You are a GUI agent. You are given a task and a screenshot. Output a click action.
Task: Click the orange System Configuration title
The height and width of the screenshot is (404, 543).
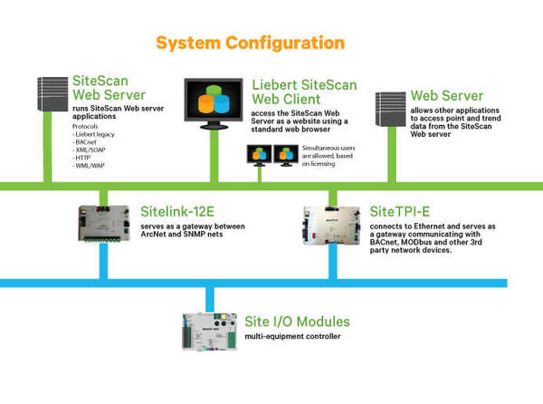[250, 43]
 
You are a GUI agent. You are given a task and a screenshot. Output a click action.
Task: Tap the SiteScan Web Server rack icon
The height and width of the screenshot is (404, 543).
[52, 94]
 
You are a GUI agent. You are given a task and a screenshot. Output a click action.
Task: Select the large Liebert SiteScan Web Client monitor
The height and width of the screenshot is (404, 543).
[214, 103]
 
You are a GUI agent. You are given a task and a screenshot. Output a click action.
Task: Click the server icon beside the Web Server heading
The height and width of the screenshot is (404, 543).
[391, 109]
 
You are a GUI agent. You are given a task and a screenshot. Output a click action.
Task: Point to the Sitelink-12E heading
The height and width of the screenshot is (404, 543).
[177, 211]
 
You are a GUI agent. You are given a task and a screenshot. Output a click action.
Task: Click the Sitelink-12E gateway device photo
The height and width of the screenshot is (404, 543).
[104, 224]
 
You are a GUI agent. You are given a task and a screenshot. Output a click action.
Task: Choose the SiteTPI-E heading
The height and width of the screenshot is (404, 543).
[400, 211]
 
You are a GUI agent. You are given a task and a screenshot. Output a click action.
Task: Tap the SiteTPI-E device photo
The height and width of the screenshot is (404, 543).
[331, 226]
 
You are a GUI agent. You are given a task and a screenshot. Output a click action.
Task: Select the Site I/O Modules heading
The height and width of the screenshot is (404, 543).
[297, 322]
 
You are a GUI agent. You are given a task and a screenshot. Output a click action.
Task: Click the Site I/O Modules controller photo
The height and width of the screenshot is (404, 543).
[210, 332]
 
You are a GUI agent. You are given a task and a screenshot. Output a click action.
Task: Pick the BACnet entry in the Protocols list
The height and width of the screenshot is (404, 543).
[84, 142]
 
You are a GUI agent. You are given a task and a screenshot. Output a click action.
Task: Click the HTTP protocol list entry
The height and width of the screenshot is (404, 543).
[81, 158]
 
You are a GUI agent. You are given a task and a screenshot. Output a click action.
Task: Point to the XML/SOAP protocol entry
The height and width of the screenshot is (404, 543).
[89, 150]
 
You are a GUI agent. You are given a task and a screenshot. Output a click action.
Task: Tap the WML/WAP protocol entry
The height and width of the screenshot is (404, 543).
[89, 166]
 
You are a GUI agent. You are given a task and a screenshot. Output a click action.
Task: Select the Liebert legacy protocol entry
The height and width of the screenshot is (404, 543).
[93, 134]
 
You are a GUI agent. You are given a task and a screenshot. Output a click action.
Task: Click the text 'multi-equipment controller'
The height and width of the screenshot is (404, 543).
[292, 336]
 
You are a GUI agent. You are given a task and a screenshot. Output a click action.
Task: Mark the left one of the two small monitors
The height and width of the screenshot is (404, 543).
[260, 155]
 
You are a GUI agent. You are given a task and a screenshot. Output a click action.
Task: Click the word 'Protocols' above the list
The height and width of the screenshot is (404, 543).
[85, 127]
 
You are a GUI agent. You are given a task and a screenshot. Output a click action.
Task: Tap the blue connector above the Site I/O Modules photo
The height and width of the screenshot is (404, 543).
[210, 300]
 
